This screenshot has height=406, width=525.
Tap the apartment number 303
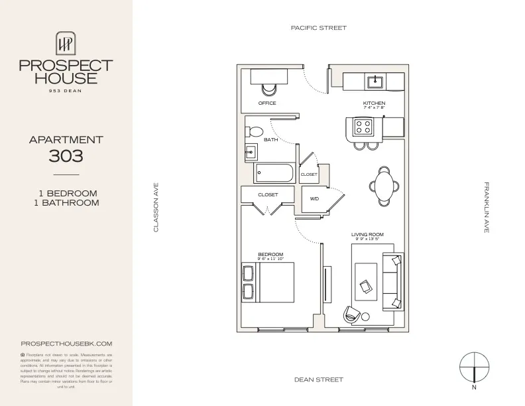click(66, 157)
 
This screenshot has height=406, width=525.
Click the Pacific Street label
click(318, 28)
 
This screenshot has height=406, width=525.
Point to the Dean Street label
click(318, 379)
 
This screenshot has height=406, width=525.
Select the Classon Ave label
click(156, 208)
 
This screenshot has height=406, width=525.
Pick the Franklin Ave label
click(486, 207)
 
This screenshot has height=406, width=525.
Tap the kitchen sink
click(375, 82)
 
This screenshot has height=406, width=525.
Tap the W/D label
click(315, 198)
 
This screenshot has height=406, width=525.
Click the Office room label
click(267, 103)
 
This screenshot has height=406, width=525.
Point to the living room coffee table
click(367, 283)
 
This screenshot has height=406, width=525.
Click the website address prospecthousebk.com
click(66, 344)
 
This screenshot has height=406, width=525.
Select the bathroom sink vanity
click(251, 152)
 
